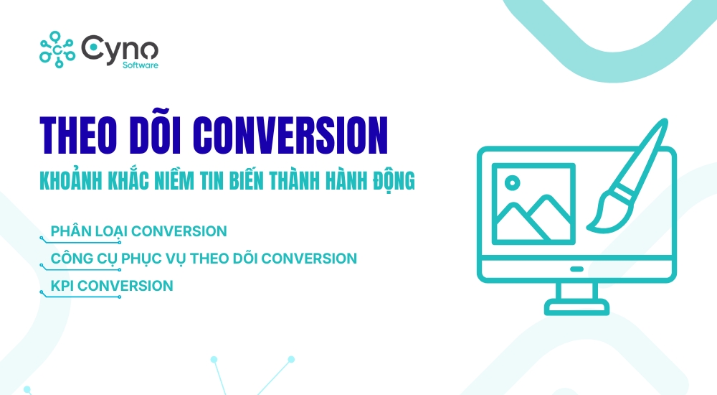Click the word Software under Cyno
click(x=141, y=65)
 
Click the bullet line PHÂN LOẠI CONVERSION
click(x=138, y=231)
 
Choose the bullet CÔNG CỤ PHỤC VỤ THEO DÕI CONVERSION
click(x=204, y=258)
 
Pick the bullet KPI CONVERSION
click(x=112, y=285)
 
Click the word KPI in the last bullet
click(x=62, y=285)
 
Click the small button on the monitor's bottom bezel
click(x=576, y=269)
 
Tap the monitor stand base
click(x=576, y=309)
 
